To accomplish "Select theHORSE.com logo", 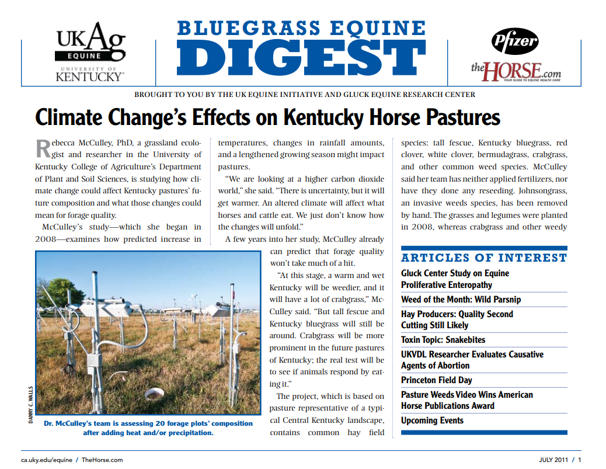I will pyautogui.click(x=516, y=71).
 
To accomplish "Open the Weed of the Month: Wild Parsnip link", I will pyautogui.click(x=461, y=300).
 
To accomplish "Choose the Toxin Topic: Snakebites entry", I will pyautogui.click(x=443, y=340).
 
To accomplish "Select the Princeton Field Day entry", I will pyautogui.click(x=436, y=380).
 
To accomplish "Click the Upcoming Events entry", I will pyautogui.click(x=432, y=421).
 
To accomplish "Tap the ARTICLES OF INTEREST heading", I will pyautogui.click(x=484, y=258).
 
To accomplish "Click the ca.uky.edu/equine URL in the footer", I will pyautogui.click(x=47, y=460).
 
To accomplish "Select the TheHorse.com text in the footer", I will pyautogui.click(x=102, y=460).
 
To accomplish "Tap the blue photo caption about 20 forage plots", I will pyautogui.click(x=148, y=428).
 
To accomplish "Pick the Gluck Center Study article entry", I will pyautogui.click(x=455, y=279).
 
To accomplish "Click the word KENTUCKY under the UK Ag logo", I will pyautogui.click(x=90, y=77).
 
